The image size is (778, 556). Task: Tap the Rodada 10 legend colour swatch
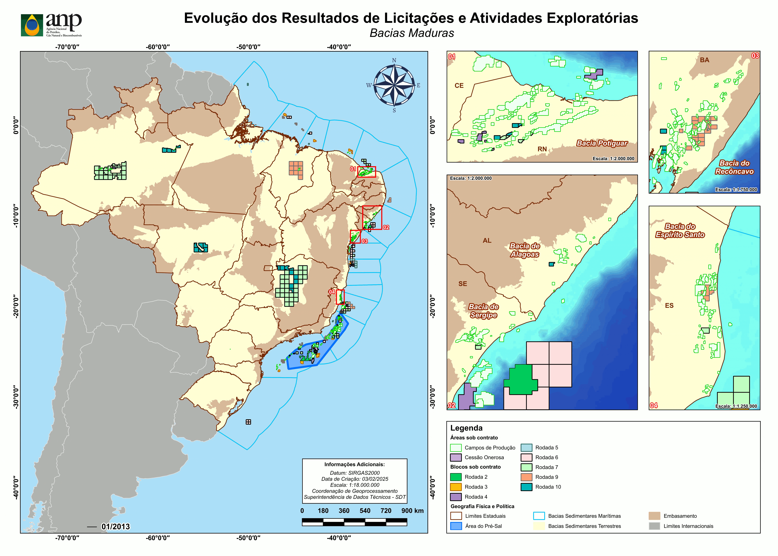(x=526, y=487)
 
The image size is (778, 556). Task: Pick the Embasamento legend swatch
(x=654, y=516)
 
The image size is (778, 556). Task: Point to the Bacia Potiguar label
(x=602, y=143)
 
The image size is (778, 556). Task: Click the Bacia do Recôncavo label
(x=734, y=167)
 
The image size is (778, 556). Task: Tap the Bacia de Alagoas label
(x=525, y=250)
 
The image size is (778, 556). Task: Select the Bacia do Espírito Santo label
(x=680, y=230)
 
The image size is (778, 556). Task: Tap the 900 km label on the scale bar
(x=412, y=511)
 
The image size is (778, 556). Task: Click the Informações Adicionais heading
(x=354, y=465)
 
